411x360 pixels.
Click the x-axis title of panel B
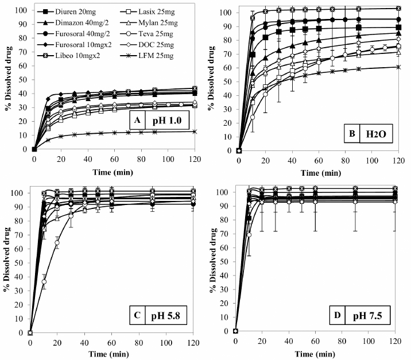point(319,171)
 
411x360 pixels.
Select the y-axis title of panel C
point(7,258)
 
